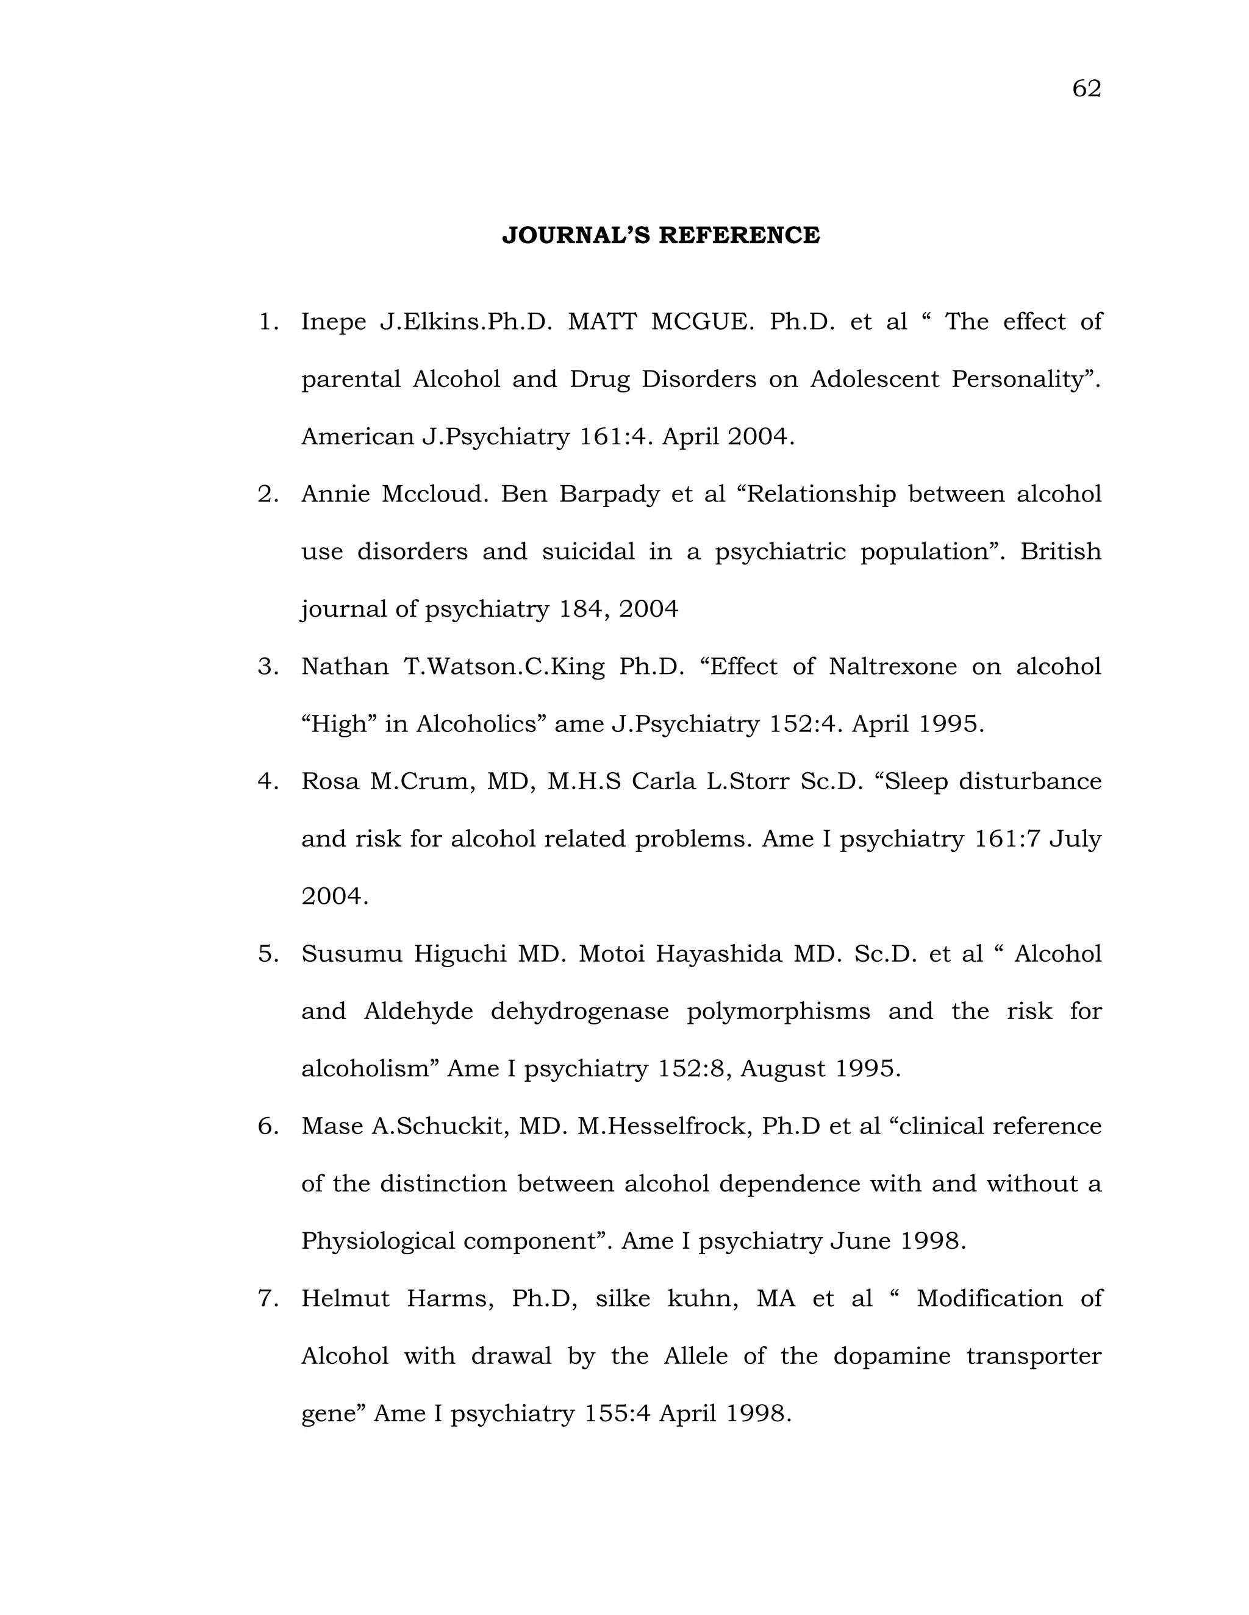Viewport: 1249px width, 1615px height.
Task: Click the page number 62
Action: tap(1086, 89)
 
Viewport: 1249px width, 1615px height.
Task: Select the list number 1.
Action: tap(267, 322)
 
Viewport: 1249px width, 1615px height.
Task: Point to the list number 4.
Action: tap(267, 782)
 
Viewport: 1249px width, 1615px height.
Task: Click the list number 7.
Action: tap(267, 1299)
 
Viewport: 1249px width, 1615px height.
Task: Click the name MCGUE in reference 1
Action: tap(701, 322)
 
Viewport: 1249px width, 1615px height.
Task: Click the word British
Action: tap(1061, 552)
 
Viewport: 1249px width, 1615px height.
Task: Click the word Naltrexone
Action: tap(892, 667)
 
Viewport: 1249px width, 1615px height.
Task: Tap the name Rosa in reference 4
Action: tap(330, 782)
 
